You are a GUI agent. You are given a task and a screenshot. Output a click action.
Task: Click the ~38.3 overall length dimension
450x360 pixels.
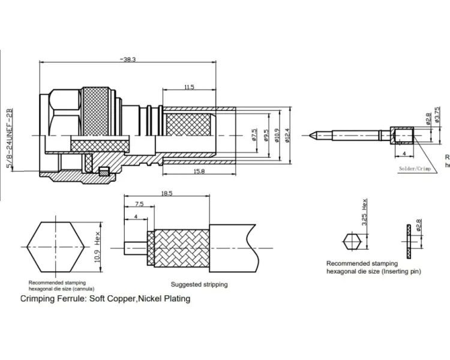128,59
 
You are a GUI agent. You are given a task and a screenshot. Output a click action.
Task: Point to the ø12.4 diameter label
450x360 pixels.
288,136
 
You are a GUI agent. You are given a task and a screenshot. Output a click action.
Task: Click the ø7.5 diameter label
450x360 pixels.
254,136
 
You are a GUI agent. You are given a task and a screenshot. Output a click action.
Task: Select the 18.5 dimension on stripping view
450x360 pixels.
166,193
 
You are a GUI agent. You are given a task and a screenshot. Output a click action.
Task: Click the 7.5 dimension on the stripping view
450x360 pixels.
139,204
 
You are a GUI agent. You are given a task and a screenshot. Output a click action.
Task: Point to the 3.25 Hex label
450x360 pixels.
364,215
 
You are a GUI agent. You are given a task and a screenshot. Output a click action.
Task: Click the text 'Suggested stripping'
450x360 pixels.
199,284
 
